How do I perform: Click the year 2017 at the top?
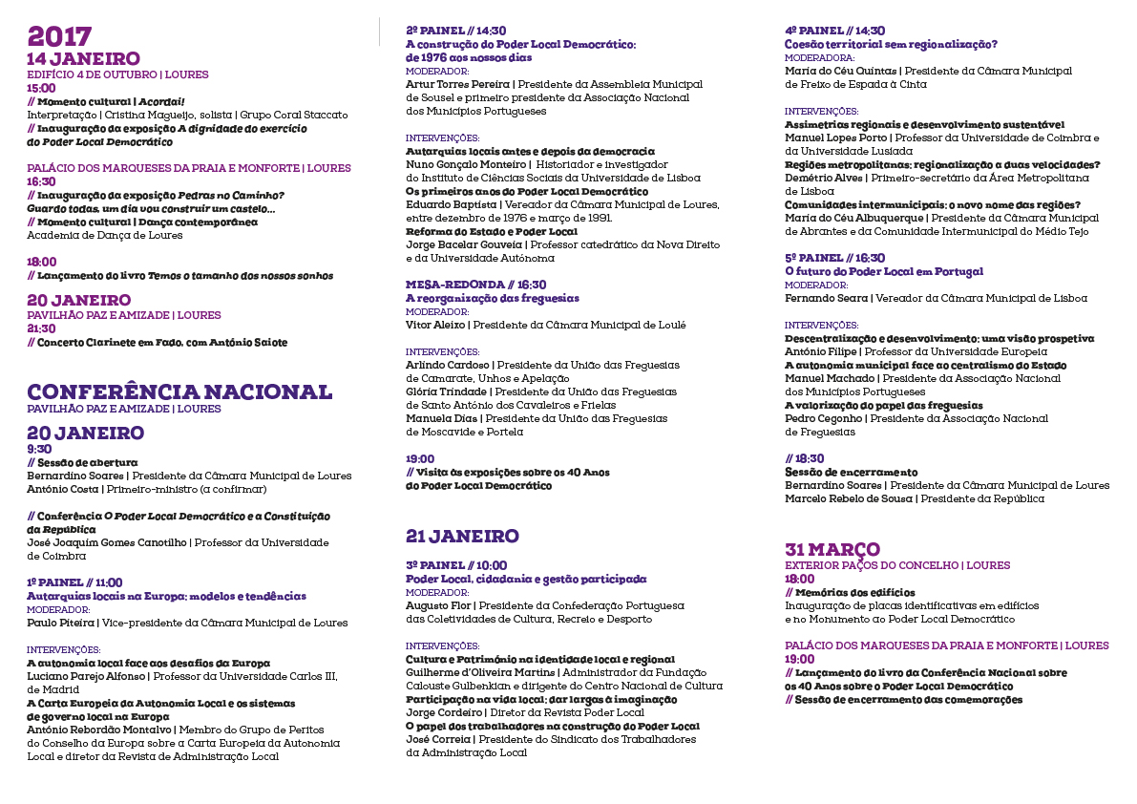pyautogui.click(x=59, y=36)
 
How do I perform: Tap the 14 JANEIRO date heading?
pyautogui.click(x=83, y=59)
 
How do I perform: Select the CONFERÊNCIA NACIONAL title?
pyautogui.click(x=179, y=392)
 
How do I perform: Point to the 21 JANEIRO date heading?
pyautogui.click(x=462, y=536)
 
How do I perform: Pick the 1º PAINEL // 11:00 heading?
pyautogui.click(x=74, y=582)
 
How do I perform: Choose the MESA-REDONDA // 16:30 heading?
pyautogui.click(x=475, y=285)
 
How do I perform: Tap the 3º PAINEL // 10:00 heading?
pyautogui.click(x=456, y=565)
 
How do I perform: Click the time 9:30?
pyautogui.click(x=39, y=448)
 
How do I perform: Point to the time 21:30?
pyautogui.click(x=41, y=328)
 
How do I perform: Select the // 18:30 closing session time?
pyautogui.click(x=804, y=458)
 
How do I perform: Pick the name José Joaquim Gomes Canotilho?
pyautogui.click(x=107, y=542)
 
